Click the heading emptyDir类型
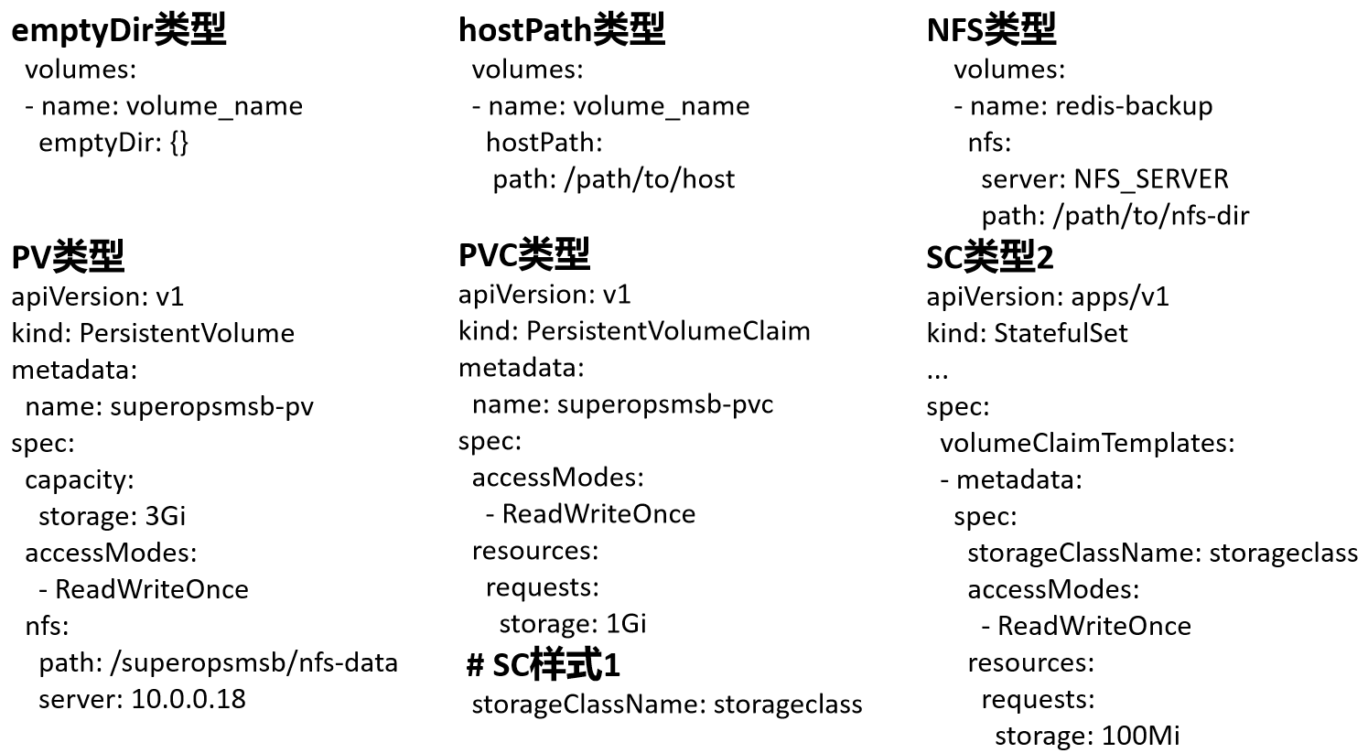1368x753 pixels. tap(118, 30)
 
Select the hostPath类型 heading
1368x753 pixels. tap(561, 30)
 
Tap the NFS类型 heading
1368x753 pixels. tap(991, 30)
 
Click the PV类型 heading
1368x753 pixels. tap(68, 257)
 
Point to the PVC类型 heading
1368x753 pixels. tap(523, 255)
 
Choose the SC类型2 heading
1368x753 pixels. tap(990, 258)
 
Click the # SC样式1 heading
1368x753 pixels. tap(543, 665)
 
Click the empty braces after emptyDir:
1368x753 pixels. tap(178, 143)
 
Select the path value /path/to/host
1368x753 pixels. tap(650, 179)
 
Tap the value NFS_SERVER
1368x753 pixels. tap(1151, 179)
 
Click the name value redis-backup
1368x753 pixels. tap(1134, 106)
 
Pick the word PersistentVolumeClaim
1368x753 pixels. tap(668, 331)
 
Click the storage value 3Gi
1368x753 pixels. tap(165, 516)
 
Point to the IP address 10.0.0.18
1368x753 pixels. tap(189, 699)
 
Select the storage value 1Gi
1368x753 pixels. tap(626, 624)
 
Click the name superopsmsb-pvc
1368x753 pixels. tap(664, 404)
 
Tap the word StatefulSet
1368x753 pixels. tap(1061, 333)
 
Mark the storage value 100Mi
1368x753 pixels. tap(1140, 736)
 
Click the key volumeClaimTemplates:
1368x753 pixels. tap(1087, 443)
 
